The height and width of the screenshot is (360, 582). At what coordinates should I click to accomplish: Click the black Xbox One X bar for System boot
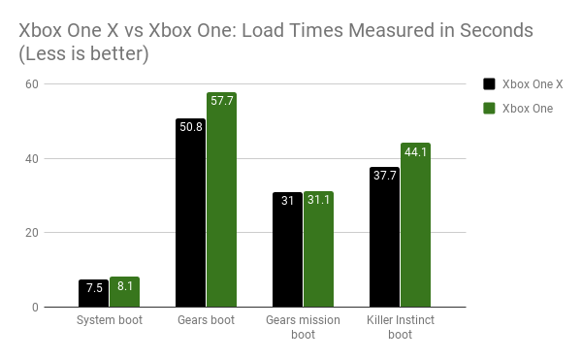(x=93, y=294)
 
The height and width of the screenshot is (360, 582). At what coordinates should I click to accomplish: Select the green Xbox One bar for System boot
(x=124, y=293)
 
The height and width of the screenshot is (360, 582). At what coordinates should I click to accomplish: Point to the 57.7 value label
(x=221, y=101)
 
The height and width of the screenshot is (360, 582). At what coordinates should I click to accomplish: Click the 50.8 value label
(x=190, y=126)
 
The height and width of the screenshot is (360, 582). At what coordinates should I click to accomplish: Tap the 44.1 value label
(x=415, y=151)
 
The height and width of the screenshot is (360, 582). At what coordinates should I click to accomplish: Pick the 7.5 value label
(x=93, y=287)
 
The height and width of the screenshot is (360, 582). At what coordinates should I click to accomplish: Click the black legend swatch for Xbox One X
(x=490, y=83)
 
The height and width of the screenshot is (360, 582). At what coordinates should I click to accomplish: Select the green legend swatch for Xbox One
(x=490, y=109)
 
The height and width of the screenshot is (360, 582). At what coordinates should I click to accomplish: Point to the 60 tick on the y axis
(x=31, y=83)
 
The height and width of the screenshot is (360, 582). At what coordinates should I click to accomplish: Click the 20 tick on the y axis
(x=31, y=233)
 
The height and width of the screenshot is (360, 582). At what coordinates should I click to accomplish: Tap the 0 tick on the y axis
(x=34, y=308)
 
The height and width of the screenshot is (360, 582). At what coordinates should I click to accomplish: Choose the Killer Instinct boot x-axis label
(x=400, y=326)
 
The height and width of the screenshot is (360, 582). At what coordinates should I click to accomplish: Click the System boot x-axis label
(x=109, y=319)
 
